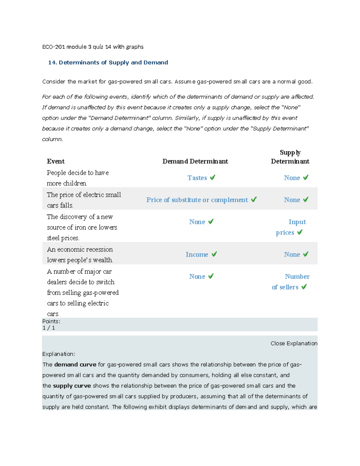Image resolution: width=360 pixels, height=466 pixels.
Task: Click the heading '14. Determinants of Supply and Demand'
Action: [x=108, y=62]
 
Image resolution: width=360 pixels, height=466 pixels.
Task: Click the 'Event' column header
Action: [x=56, y=161]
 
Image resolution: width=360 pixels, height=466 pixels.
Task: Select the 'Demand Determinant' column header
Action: [x=195, y=161]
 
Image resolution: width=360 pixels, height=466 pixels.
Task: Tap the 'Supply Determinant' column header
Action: [x=290, y=157]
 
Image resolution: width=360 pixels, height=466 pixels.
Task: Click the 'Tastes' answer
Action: [x=197, y=178]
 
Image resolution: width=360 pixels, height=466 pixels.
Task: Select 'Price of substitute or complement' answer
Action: [x=197, y=200]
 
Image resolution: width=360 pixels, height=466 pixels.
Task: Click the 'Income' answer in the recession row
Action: [x=197, y=254]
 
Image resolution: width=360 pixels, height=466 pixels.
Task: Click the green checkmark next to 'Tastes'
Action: [x=212, y=178]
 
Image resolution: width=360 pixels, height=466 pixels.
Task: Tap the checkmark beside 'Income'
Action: [x=214, y=254]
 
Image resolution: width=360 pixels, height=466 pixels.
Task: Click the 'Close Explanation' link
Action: [x=294, y=343]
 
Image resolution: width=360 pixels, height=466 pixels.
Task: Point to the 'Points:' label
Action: [x=51, y=321]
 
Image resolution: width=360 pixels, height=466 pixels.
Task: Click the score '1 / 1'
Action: [x=49, y=328]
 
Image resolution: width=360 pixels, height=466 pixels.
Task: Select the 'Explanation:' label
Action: [x=58, y=354]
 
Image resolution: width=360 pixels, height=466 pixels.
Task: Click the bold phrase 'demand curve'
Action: [x=75, y=365]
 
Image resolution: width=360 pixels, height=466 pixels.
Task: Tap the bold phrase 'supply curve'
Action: [x=72, y=386]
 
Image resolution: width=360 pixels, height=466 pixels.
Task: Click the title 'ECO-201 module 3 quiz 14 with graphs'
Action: [x=93, y=47]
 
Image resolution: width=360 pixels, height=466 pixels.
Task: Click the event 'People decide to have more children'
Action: [x=78, y=178]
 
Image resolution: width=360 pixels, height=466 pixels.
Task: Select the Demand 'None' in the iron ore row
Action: [x=197, y=222]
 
